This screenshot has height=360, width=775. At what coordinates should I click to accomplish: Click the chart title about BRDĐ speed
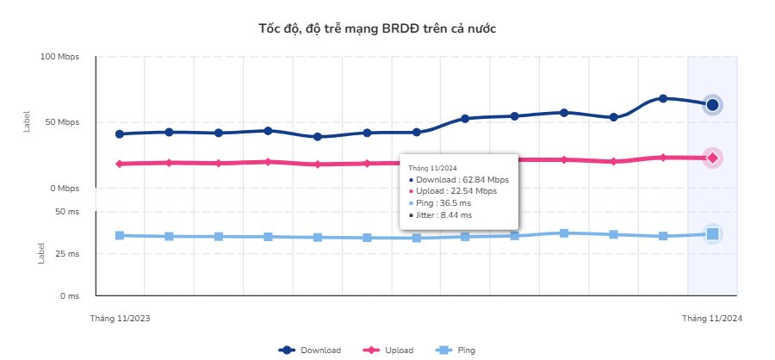click(x=377, y=28)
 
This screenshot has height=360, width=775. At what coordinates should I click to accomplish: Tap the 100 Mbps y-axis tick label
click(x=60, y=57)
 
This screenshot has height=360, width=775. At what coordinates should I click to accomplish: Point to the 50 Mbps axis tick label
click(x=63, y=122)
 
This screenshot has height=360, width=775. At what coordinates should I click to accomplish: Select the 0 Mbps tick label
click(x=65, y=188)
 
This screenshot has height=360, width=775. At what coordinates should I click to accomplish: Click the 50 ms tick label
click(x=67, y=211)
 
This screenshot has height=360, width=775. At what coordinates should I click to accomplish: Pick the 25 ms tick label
click(x=67, y=254)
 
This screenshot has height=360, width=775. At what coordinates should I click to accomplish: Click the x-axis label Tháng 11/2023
click(x=120, y=319)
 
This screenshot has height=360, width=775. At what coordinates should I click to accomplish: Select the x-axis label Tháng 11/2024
click(x=712, y=319)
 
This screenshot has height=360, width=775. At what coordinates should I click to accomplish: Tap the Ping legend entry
click(x=456, y=351)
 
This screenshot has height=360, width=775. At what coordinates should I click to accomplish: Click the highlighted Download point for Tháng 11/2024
click(x=712, y=105)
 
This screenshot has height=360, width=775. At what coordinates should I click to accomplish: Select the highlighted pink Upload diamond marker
click(x=712, y=158)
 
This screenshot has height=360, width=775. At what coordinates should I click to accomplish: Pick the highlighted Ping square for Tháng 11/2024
click(x=712, y=233)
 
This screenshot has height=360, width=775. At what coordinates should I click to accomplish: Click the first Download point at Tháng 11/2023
click(x=120, y=133)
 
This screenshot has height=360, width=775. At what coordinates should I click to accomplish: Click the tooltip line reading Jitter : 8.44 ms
click(x=443, y=215)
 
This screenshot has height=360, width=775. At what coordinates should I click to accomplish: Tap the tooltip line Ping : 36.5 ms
click(x=443, y=203)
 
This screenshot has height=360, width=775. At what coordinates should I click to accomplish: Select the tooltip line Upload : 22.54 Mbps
click(x=451, y=191)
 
